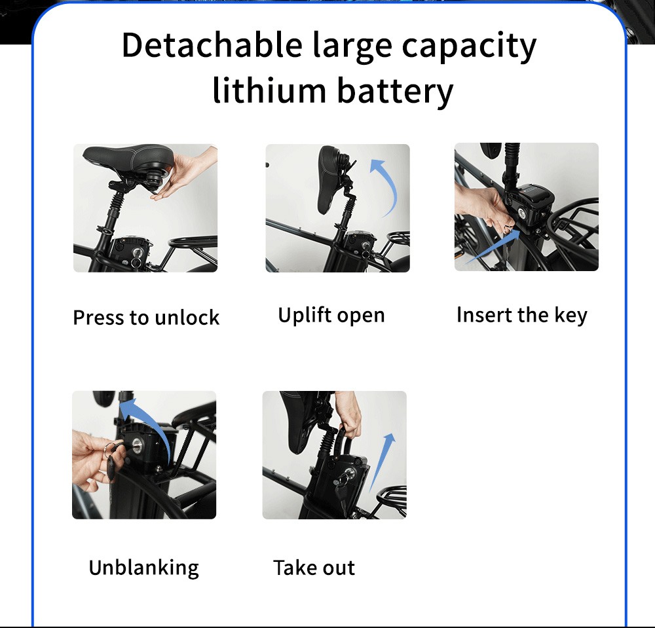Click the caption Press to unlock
(x=146, y=318)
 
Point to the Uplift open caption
(x=331, y=315)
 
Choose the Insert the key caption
(x=521, y=315)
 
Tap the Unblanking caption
(x=143, y=567)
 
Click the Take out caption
(x=314, y=567)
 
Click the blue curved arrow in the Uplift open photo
(x=386, y=187)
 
